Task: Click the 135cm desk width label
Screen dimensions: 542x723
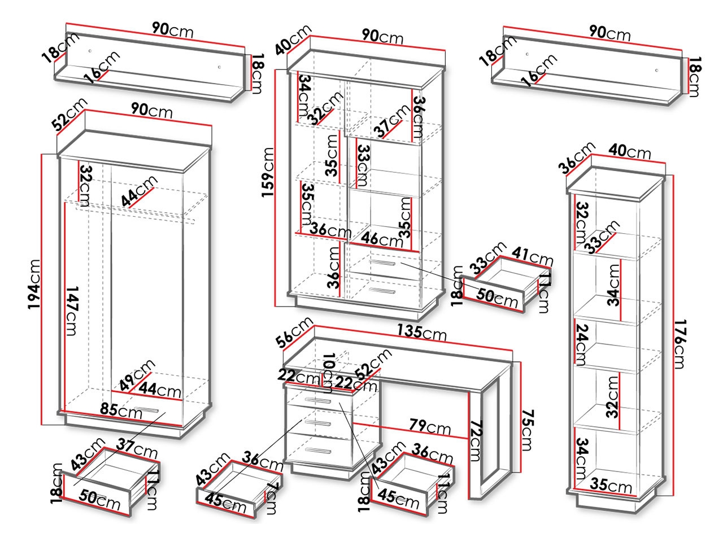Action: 421,334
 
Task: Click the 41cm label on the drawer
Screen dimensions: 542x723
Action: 533,256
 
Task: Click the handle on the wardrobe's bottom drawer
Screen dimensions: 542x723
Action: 149,409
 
